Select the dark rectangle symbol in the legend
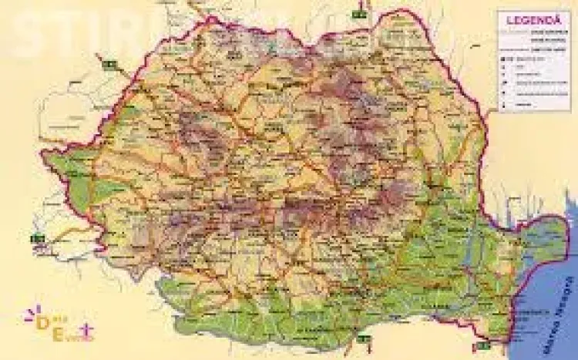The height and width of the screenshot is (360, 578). (x=502, y=58)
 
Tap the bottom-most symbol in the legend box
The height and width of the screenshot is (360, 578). (x=503, y=103)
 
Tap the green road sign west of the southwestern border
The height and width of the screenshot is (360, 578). (x=36, y=237)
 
